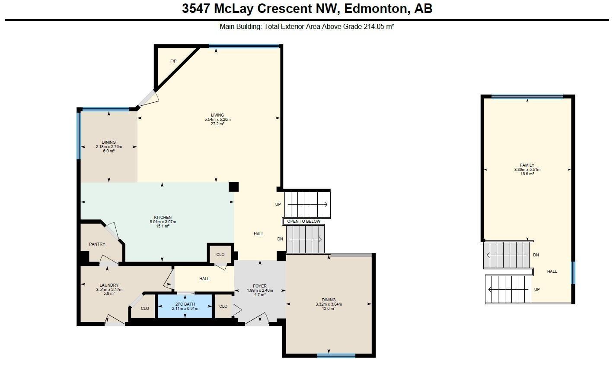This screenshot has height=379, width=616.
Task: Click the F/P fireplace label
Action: click(173, 61)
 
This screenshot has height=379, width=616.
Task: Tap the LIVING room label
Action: click(217, 115)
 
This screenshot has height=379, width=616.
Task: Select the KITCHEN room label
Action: click(163, 218)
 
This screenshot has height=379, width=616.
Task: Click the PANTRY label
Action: click(97, 244)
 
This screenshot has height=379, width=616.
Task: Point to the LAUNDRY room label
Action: click(109, 285)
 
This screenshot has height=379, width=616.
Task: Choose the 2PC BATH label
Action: click(185, 304)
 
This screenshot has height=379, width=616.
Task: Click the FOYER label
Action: click(259, 286)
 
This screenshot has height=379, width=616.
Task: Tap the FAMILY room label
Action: click(527, 165)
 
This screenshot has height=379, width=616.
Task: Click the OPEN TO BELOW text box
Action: click(304, 221)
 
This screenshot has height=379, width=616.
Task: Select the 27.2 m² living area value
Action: click(217, 124)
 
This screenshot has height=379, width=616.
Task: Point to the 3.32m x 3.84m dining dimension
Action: click(329, 304)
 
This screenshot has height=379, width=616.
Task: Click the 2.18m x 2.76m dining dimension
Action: click(109, 147)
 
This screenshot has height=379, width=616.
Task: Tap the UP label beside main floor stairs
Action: click(278, 205)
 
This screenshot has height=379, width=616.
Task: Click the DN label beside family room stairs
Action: click(536, 255)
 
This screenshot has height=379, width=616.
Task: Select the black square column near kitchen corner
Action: click(233, 186)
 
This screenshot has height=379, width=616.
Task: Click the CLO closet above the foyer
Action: click(220, 255)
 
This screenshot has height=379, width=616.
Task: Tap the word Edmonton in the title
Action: click(375, 9)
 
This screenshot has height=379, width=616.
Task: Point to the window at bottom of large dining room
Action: click(336, 356)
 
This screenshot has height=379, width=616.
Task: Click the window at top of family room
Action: click(527, 97)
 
